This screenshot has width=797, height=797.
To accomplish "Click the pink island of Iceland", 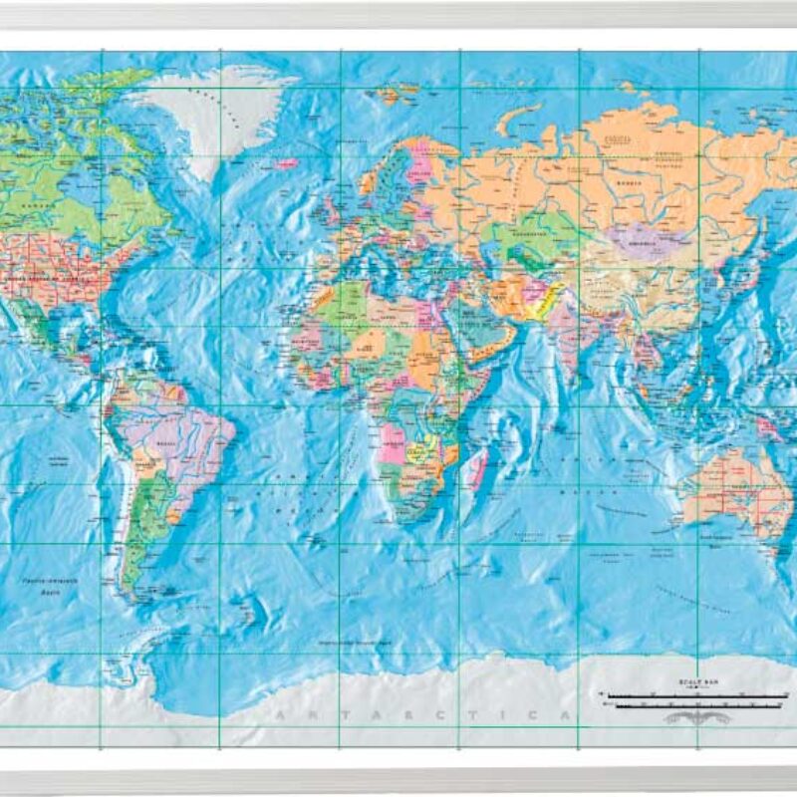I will (286, 162).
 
